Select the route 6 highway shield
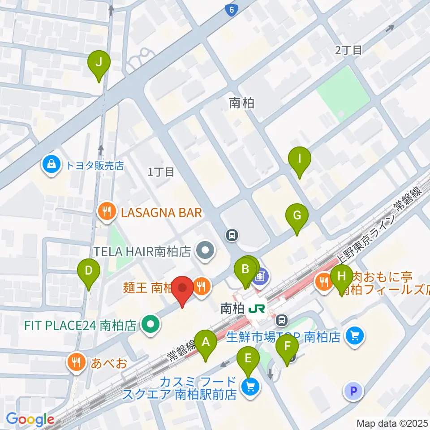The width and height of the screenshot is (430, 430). tap(231, 10)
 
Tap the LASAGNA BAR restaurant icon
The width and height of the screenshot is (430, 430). tap(107, 212)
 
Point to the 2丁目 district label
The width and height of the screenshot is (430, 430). tap(348, 50)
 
